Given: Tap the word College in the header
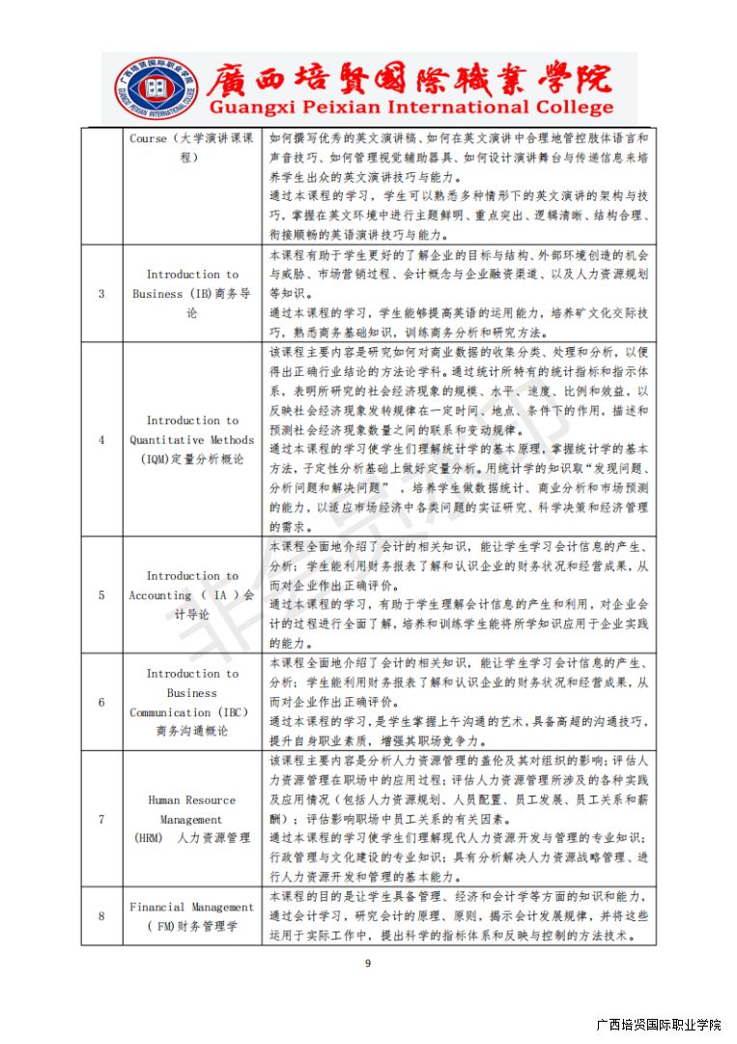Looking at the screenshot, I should click(573, 107).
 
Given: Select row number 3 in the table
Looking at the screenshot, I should click(102, 294).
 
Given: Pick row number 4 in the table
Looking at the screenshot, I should click(102, 440).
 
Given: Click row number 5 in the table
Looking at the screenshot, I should click(102, 595).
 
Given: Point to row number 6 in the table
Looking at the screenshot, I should click(102, 702).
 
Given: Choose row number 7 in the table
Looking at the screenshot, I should click(102, 819).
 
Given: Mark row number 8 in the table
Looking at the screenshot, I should click(102, 916).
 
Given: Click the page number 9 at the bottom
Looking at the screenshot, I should click(368, 963).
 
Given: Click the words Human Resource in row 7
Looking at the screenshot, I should click(191, 799).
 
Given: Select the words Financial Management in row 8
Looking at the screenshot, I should click(191, 907).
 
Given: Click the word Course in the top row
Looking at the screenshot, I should click(148, 138).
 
